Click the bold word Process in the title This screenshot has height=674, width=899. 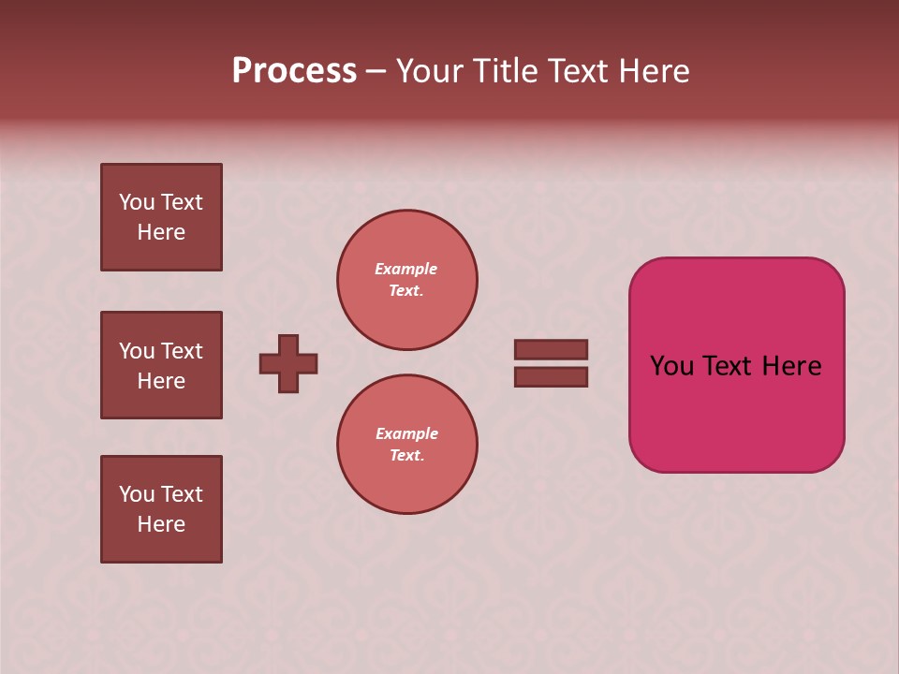(x=294, y=71)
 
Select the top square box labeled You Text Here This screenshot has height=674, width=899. (x=161, y=217)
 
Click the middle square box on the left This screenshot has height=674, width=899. (x=161, y=365)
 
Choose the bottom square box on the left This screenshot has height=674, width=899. (x=161, y=509)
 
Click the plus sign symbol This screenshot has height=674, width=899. (x=288, y=363)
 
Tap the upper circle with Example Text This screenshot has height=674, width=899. (x=406, y=280)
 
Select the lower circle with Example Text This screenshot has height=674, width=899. (x=406, y=445)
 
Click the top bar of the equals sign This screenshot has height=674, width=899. (x=551, y=350)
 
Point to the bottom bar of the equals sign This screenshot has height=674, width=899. (x=551, y=376)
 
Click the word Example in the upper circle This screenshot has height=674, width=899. (x=406, y=269)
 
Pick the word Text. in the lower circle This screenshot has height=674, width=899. (x=406, y=456)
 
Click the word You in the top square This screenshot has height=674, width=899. (x=137, y=202)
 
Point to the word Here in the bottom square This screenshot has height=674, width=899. (x=161, y=524)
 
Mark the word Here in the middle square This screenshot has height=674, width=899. (x=161, y=381)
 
